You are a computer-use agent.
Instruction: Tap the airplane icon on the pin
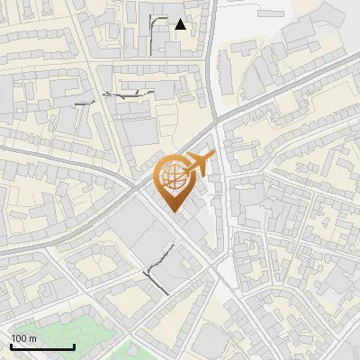click(197, 166)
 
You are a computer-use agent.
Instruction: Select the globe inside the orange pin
click(175, 177)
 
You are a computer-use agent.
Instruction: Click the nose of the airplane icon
click(212, 157)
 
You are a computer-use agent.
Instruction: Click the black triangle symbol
click(181, 24)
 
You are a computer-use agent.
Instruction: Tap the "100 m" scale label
click(24, 338)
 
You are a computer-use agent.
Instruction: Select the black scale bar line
click(42, 347)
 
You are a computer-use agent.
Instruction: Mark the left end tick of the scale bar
click(11, 346)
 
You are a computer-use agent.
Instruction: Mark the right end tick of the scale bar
click(74, 346)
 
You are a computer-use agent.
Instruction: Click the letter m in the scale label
click(33, 338)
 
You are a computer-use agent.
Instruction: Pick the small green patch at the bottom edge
click(135, 351)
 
